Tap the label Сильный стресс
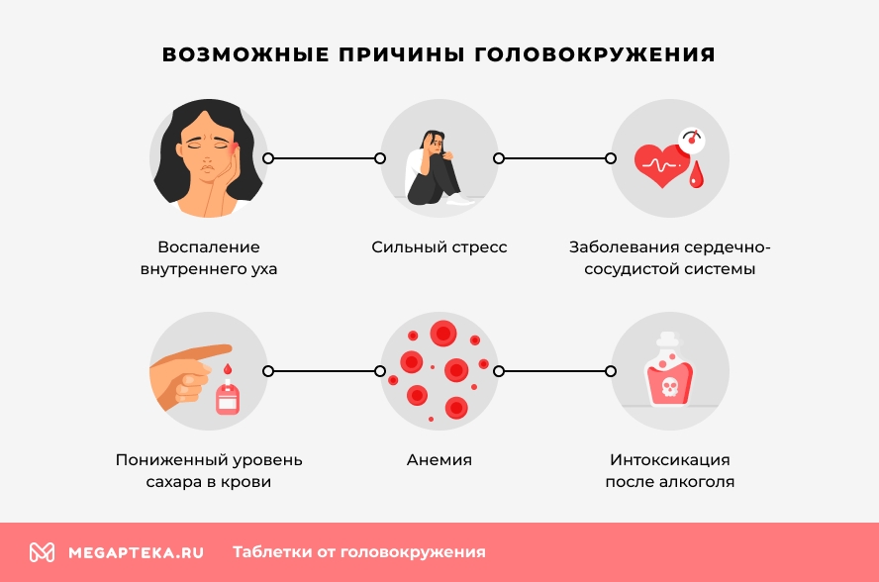click(439, 247)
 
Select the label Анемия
click(439, 460)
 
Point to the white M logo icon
click(42, 552)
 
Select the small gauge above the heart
click(689, 138)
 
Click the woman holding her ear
click(209, 158)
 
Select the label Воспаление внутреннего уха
click(208, 257)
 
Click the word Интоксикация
click(670, 460)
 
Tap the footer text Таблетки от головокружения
click(358, 552)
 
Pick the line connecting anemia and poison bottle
click(554, 371)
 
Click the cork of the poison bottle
click(669, 339)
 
